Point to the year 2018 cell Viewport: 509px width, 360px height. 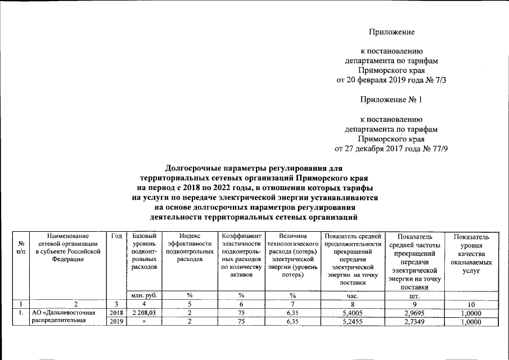point(116,313)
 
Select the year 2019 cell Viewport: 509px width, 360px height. point(116,322)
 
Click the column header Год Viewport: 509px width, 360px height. point(116,237)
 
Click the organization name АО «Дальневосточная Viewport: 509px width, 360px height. point(64,313)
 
